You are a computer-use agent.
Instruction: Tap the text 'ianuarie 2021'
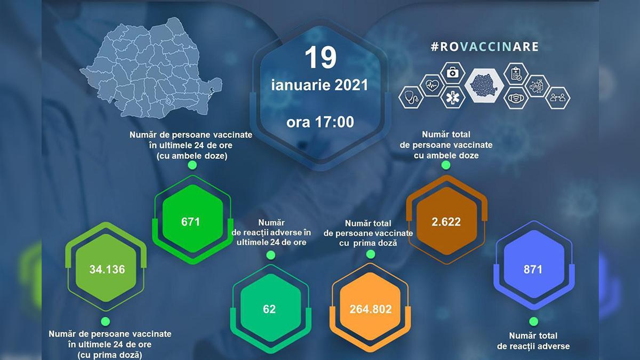coord(320,85)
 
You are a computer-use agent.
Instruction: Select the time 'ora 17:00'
coord(320,122)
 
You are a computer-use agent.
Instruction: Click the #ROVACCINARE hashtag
coord(484,46)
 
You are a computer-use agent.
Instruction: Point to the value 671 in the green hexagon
coord(190,221)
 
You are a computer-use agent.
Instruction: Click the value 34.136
coord(107,269)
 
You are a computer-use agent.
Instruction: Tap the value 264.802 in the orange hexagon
coord(371,309)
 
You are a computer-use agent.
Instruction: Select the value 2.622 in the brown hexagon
coord(446,221)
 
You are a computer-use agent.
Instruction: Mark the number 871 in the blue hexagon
coord(533,269)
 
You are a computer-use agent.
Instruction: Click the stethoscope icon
coord(411,98)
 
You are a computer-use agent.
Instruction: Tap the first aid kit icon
coord(452,73)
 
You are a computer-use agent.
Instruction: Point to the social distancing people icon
coord(558,98)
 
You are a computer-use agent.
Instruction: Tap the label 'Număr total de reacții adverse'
coord(533,341)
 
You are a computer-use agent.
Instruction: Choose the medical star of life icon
coord(452,98)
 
